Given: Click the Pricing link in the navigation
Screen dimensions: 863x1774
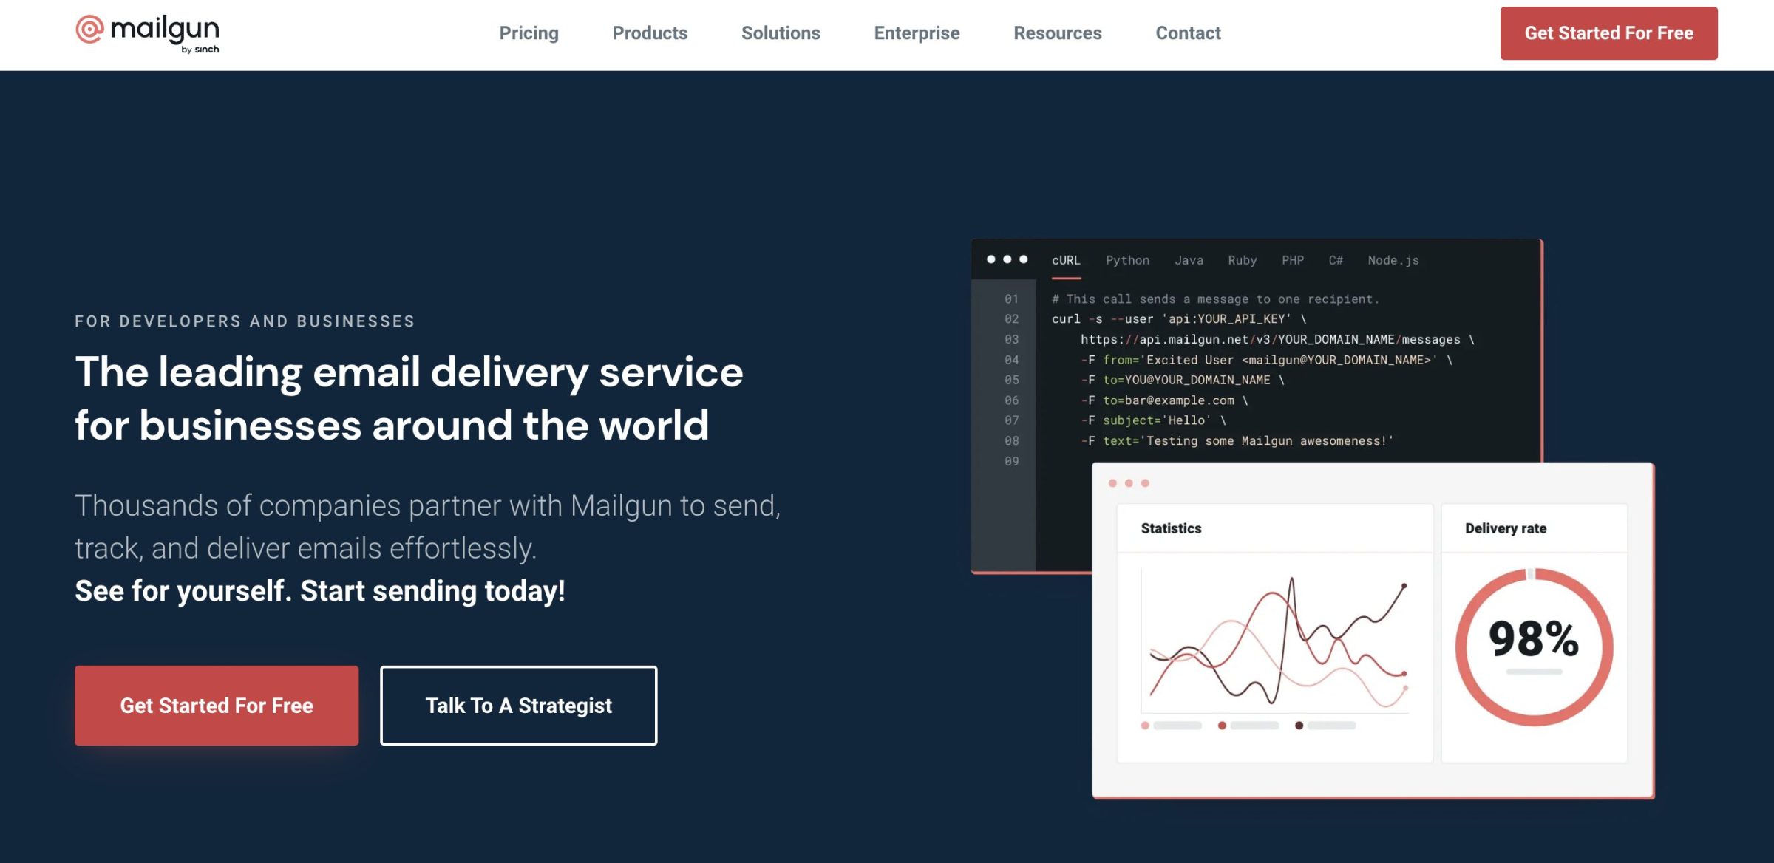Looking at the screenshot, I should (x=529, y=33).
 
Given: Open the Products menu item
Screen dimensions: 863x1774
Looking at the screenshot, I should (x=650, y=33).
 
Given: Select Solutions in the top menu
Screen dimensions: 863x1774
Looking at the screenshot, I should (x=781, y=33).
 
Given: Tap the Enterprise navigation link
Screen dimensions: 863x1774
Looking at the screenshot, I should (x=917, y=33).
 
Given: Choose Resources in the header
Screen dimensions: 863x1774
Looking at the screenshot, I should (x=1057, y=33).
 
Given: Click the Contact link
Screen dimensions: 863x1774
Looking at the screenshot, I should (x=1188, y=33).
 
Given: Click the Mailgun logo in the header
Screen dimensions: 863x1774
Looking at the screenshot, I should (x=147, y=33).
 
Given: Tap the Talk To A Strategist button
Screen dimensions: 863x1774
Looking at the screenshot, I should (x=518, y=706).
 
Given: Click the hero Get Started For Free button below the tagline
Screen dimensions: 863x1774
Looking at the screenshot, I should (x=217, y=706).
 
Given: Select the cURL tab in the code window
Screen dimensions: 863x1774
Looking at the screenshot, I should (x=1066, y=261).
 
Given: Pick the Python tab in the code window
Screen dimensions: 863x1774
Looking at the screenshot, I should (x=1127, y=261).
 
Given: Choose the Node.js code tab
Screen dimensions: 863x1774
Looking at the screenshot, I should (x=1393, y=261).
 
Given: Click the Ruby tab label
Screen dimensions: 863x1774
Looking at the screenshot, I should (x=1242, y=261).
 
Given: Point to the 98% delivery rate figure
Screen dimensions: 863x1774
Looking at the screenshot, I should (x=1533, y=639).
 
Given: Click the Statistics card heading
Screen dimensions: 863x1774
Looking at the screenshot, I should (x=1171, y=528).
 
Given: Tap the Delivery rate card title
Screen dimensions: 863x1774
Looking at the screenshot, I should (x=1505, y=528).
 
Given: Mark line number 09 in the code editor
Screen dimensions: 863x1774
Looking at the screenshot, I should (x=1011, y=462).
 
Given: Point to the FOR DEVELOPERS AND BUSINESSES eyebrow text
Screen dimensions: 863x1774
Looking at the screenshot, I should (x=245, y=321).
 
